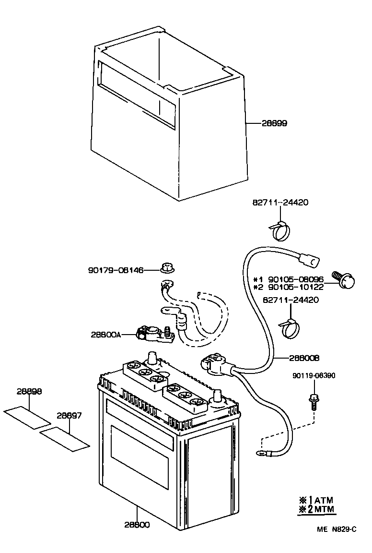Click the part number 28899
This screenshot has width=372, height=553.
[274, 123]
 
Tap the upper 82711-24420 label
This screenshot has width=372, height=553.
[279, 203]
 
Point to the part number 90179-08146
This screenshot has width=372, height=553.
[116, 270]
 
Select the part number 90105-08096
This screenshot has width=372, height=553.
[295, 279]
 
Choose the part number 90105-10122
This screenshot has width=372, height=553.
[295, 287]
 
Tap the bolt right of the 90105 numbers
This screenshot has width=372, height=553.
[345, 280]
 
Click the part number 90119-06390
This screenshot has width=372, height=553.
[314, 375]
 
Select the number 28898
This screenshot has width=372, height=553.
[29, 391]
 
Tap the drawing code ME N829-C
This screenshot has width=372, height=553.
[337, 530]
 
